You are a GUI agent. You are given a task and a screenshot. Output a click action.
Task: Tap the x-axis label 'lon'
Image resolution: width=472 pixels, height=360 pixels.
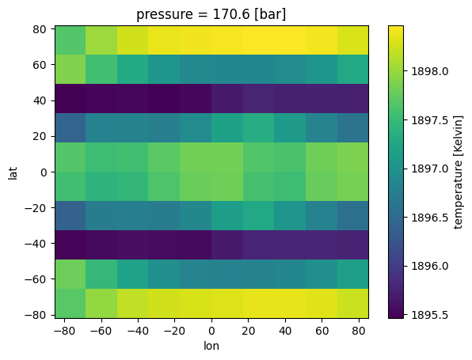coord(211,346)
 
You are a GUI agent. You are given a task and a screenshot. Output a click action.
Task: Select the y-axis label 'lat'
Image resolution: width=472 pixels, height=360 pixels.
coord(13,172)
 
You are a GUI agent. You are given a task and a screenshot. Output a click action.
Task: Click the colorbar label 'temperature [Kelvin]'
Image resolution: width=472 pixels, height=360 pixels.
coord(459,172)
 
